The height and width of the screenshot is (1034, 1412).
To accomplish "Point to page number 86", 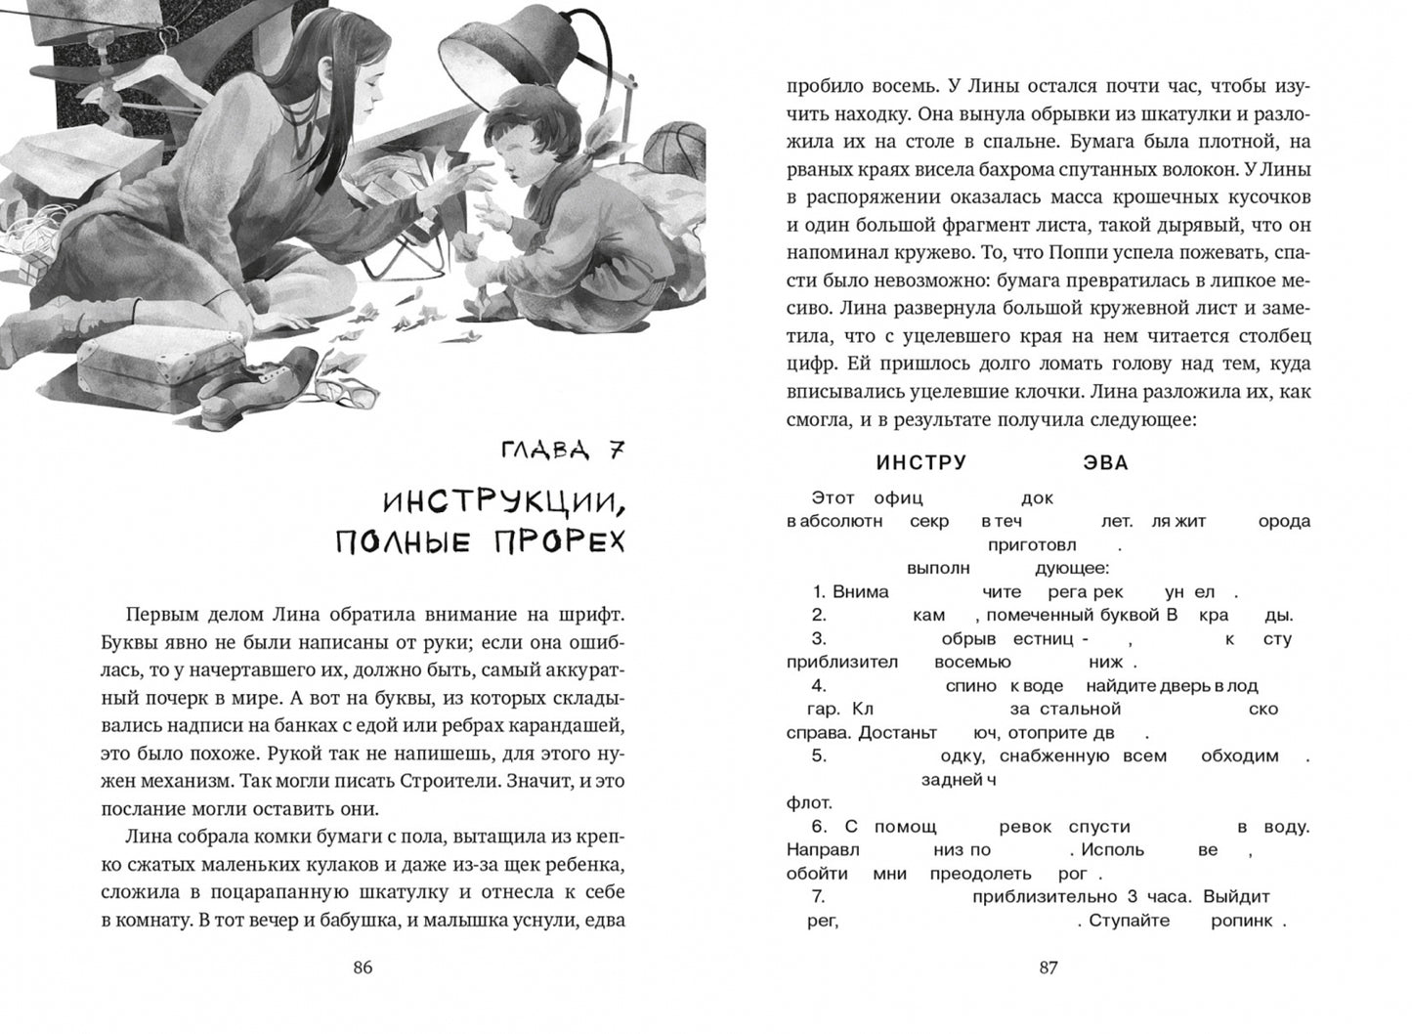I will (x=363, y=969).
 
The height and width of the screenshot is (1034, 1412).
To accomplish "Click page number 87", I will (x=1048, y=969).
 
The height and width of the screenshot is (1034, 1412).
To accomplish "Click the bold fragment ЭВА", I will (x=1106, y=463).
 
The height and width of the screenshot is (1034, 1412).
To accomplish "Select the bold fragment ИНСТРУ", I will (x=921, y=463).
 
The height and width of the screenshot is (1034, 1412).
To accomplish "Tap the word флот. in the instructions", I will (x=807, y=802).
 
